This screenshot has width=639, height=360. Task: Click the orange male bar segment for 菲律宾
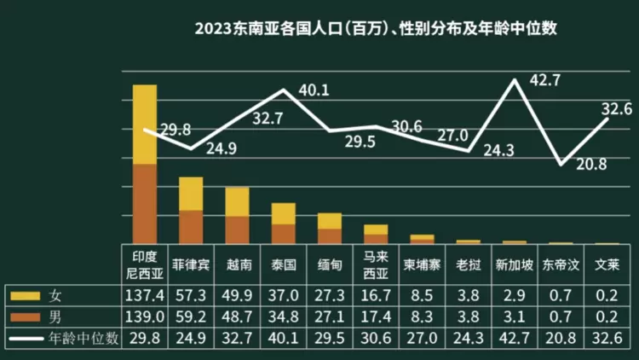tap(191, 227)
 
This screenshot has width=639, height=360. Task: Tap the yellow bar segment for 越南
tap(237, 201)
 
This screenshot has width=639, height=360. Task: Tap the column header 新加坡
tap(514, 264)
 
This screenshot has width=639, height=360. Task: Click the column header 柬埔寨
tap(421, 264)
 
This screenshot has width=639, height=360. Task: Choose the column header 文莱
tap(606, 264)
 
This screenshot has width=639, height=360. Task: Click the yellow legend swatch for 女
tap(28, 295)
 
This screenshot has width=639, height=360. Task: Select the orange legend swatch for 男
tap(28, 316)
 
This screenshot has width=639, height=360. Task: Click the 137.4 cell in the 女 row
tap(144, 295)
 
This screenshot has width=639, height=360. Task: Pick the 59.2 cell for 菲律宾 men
tap(191, 316)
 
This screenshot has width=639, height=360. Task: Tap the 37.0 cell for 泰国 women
tap(283, 295)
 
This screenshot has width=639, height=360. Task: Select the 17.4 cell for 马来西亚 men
tap(376, 316)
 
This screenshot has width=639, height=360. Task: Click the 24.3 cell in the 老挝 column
tap(468, 338)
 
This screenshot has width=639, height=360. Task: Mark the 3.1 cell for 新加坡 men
tap(514, 316)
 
